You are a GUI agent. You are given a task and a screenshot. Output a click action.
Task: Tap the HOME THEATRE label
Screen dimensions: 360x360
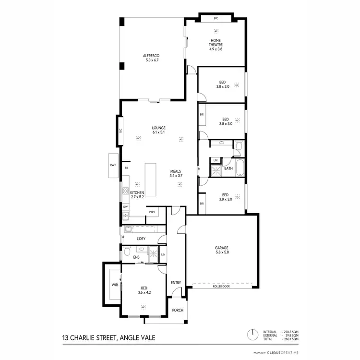click(216, 43)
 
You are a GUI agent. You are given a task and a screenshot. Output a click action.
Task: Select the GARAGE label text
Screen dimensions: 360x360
click(221, 248)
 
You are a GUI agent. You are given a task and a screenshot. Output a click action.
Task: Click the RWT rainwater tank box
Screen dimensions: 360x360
click(113, 166)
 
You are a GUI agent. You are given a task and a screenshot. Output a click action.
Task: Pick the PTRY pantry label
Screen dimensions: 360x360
click(152, 212)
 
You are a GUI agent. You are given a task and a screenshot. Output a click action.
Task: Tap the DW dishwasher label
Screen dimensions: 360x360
click(125, 207)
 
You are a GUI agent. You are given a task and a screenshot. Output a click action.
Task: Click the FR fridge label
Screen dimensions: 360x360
click(126, 168)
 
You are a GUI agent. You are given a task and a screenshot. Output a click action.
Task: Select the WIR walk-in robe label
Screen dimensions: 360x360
click(115, 285)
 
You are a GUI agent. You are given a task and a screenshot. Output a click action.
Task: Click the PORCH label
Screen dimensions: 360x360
click(178, 311)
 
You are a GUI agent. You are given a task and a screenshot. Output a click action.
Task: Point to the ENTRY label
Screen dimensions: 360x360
click(176, 283)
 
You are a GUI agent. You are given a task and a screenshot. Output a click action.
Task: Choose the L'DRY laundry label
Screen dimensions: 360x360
click(141, 239)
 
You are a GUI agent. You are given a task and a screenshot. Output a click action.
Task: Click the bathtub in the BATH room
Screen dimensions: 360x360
click(240, 168)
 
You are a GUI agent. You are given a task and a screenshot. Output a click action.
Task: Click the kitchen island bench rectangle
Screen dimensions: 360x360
click(151, 180)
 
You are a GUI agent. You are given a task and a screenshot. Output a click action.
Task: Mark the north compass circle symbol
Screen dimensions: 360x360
click(251, 334)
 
